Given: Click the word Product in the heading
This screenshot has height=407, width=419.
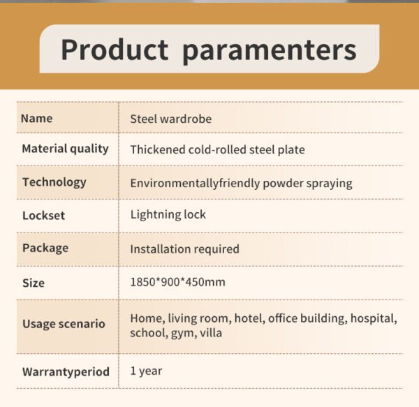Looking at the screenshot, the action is pyautogui.click(x=115, y=50).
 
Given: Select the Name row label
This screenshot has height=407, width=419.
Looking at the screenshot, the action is pyautogui.click(x=36, y=118).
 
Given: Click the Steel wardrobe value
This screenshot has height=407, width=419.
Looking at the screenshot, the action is pyautogui.click(x=171, y=119).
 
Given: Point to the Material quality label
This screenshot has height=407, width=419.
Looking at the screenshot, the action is pyautogui.click(x=65, y=149).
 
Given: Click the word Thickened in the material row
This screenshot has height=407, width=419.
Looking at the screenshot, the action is pyautogui.click(x=158, y=149).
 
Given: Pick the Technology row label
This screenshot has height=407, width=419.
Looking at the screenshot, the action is pyautogui.click(x=54, y=183).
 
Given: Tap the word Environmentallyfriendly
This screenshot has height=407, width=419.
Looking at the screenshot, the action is pyautogui.click(x=195, y=183).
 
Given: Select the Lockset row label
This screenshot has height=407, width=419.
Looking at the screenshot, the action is pyautogui.click(x=43, y=216).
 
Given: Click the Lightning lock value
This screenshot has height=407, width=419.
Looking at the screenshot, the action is pyautogui.click(x=168, y=215).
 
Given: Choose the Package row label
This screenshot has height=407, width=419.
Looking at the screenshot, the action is pyautogui.click(x=45, y=249).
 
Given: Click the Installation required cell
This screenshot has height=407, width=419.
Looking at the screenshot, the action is pyautogui.click(x=184, y=249).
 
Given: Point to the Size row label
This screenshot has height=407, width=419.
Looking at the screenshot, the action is pyautogui.click(x=34, y=283).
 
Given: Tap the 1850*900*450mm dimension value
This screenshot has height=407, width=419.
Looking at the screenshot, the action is pyautogui.click(x=177, y=282).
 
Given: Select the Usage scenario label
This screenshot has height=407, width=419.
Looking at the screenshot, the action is pyautogui.click(x=64, y=324).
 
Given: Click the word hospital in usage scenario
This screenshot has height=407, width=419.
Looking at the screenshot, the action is pyautogui.click(x=374, y=319).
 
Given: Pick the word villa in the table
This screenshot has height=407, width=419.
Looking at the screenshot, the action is pyautogui.click(x=211, y=333).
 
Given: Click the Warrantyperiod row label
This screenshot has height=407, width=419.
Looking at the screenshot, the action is pyautogui.click(x=66, y=372).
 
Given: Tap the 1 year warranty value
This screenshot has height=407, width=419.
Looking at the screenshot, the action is pyautogui.click(x=146, y=371).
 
